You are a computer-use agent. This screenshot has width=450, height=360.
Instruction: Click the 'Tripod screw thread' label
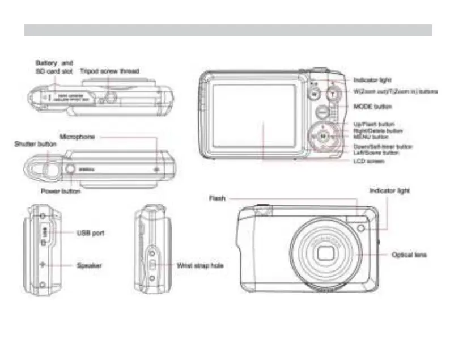click(x=109, y=71)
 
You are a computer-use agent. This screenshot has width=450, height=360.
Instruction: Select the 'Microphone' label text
click(x=77, y=137)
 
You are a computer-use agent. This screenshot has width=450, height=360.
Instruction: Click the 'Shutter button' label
click(x=35, y=145)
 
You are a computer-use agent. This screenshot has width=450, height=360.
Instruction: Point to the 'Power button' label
click(x=61, y=191)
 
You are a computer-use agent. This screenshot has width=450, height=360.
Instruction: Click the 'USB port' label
click(x=90, y=232)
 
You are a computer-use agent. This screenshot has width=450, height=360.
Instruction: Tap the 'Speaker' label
click(x=90, y=265)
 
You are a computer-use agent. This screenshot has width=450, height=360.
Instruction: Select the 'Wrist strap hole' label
click(x=201, y=265)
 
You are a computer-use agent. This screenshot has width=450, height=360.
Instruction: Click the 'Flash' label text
click(x=217, y=198)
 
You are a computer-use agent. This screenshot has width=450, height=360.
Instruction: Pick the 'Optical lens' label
click(x=409, y=255)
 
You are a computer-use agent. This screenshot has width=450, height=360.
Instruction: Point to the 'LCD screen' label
click(x=369, y=162)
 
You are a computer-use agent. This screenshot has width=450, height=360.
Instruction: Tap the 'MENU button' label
click(x=371, y=137)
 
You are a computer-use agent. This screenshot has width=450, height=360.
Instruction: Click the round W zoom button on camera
click(x=315, y=94)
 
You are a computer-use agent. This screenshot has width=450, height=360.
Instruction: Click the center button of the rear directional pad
click(x=322, y=136)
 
